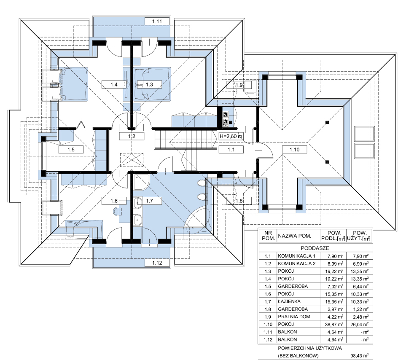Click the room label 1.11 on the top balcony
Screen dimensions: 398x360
click(x=157, y=21)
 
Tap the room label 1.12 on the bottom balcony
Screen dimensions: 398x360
click(x=157, y=263)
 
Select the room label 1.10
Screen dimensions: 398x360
click(x=294, y=149)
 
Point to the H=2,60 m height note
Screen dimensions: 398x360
click(x=231, y=136)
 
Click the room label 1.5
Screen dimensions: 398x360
click(x=71, y=149)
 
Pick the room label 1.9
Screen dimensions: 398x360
click(x=239, y=85)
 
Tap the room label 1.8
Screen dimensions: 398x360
click(x=239, y=201)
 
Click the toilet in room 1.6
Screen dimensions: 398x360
click(x=118, y=211)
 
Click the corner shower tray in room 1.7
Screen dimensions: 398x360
click(x=141, y=182)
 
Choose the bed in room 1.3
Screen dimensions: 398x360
click(x=152, y=84)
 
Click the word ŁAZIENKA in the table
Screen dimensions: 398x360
click(x=289, y=301)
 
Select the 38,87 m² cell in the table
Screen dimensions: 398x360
click(x=334, y=324)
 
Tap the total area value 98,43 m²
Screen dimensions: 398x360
click(x=359, y=356)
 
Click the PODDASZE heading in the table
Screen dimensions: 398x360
click(x=315, y=248)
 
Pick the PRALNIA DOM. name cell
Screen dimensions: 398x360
click(x=294, y=317)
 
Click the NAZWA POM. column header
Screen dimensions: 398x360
click(x=294, y=236)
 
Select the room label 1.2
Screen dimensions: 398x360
click(x=132, y=136)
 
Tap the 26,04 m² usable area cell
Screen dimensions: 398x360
click(x=359, y=324)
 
